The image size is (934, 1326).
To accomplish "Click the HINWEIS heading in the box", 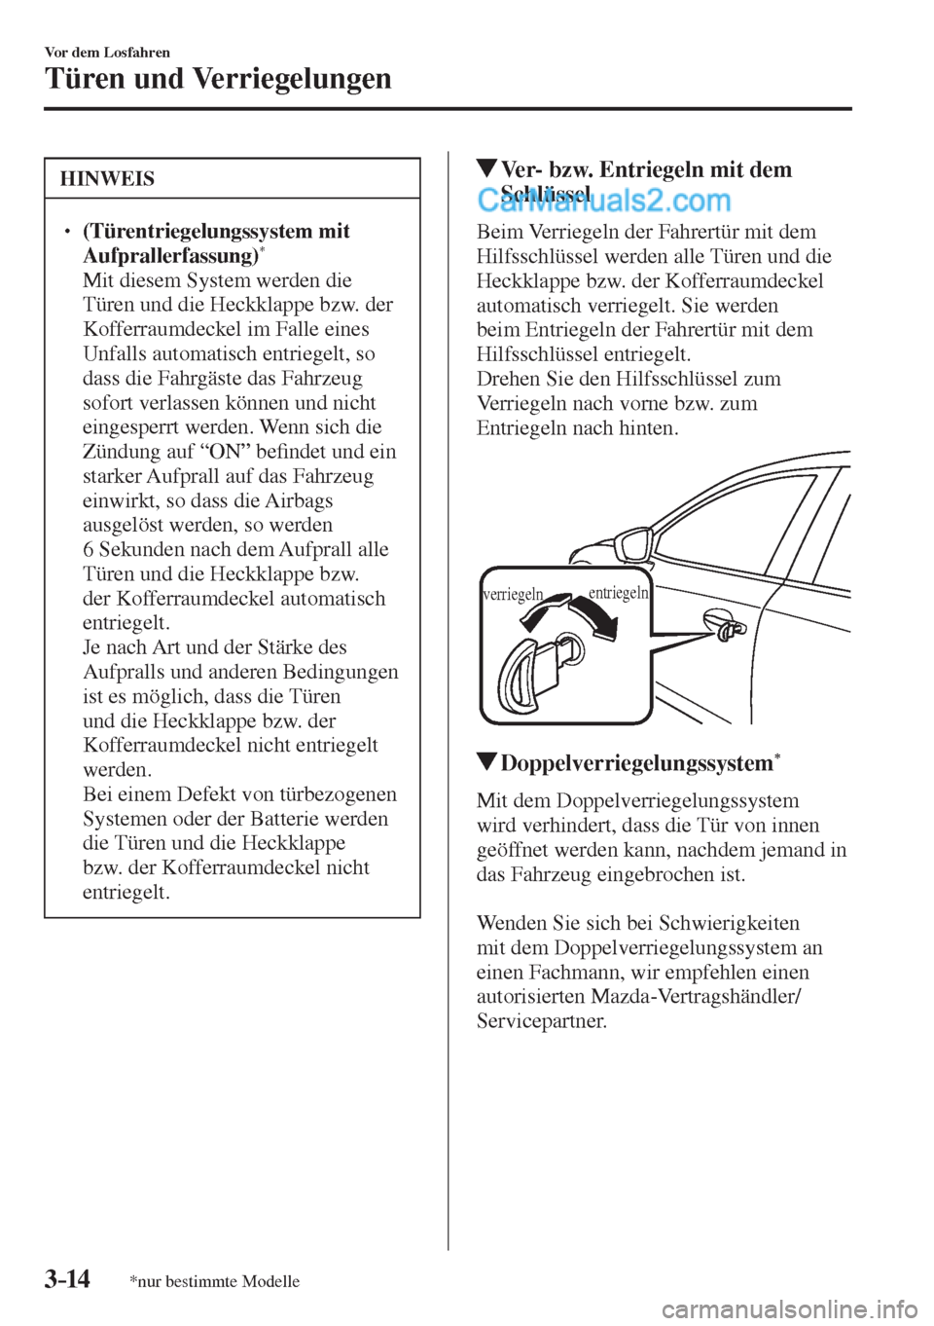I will pyautogui.click(x=106, y=179).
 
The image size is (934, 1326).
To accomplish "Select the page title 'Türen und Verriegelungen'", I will pyautogui.click(x=218, y=78).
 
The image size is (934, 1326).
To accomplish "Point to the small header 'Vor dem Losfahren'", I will pyautogui.click(x=107, y=52).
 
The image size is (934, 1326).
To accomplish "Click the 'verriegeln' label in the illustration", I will pyautogui.click(x=513, y=595).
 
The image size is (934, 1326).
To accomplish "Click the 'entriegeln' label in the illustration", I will pyautogui.click(x=618, y=593).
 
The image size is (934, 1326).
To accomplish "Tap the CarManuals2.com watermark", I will pyautogui.click(x=603, y=201).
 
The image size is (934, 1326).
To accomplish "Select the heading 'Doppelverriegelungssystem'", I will pyautogui.click(x=636, y=763).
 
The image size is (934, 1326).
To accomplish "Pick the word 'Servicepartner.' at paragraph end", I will pyautogui.click(x=542, y=1021).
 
